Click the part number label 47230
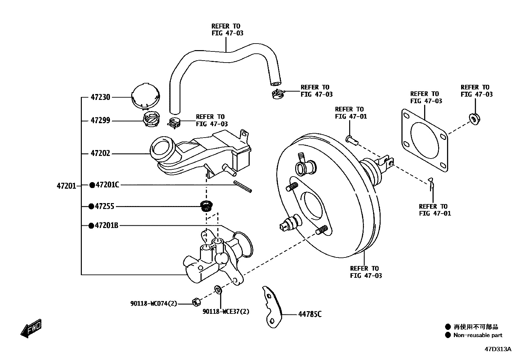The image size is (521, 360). pyautogui.click(x=100, y=97)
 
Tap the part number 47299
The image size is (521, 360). pyautogui.click(x=100, y=121)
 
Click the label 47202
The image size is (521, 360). pyautogui.click(x=100, y=153)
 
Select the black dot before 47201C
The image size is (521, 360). pyautogui.click(x=92, y=185)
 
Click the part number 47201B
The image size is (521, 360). pyautogui.click(x=106, y=225)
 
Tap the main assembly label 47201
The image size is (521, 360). pyautogui.click(x=66, y=186)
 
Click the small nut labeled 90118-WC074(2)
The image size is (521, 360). pyautogui.click(x=195, y=302)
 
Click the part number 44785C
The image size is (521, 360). pyautogui.click(x=310, y=314)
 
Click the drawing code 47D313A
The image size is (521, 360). pyautogui.click(x=497, y=349)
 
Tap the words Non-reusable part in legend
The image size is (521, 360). pyautogui.click(x=478, y=335)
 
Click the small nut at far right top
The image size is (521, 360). pyautogui.click(x=474, y=119)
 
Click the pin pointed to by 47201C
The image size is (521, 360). pyautogui.click(x=243, y=186)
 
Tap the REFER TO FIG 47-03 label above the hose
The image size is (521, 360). pyautogui.click(x=227, y=29)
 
